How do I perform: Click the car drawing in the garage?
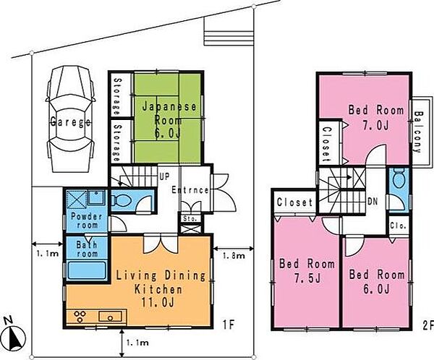click(x=71, y=119)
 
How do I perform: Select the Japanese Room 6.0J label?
click(x=169, y=121)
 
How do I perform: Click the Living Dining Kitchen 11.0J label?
click(x=161, y=289)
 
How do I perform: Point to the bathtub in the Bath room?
click(x=87, y=270)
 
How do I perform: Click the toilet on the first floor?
click(x=121, y=200)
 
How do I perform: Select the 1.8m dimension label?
click(x=234, y=256)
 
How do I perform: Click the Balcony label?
click(x=419, y=132)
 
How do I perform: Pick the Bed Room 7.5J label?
click(x=307, y=271)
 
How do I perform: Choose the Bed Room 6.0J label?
click(x=377, y=282)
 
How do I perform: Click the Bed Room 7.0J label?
click(x=376, y=117)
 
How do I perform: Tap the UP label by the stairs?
click(x=164, y=176)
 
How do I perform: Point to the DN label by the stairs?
click(x=373, y=202)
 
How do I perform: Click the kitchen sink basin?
click(x=110, y=317)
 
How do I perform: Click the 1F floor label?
click(x=229, y=325)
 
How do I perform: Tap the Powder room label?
click(x=86, y=220)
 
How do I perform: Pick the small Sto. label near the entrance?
click(x=190, y=218)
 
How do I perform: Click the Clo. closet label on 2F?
click(x=398, y=226)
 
